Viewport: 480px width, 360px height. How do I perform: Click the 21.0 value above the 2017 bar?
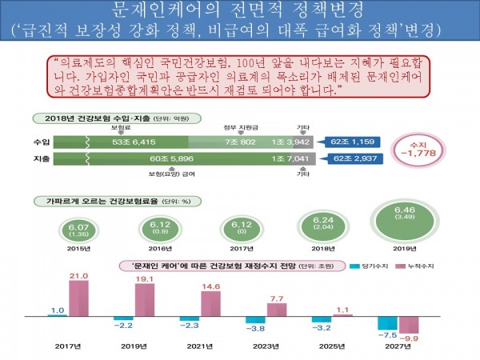tap(78, 276)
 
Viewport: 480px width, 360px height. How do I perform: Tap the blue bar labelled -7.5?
tap(388, 324)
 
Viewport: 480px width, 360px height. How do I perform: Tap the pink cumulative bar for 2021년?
tap(211, 303)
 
